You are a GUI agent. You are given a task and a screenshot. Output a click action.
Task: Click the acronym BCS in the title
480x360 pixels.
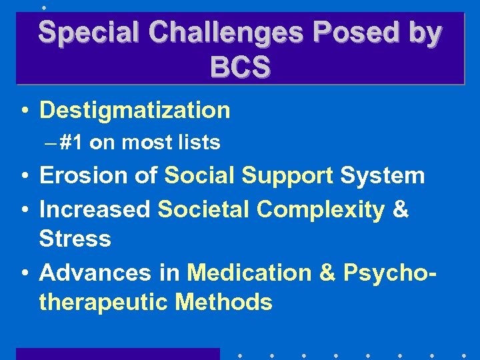click(240, 67)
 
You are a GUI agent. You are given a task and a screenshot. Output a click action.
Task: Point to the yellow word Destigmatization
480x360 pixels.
click(135, 111)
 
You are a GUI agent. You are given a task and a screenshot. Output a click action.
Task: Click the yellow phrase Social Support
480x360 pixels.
click(249, 176)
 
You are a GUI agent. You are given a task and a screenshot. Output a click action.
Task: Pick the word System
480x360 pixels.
click(382, 176)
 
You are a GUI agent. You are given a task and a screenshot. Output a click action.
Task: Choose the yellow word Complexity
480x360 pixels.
click(321, 209)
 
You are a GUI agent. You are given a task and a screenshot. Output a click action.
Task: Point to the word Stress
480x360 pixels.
click(75, 239)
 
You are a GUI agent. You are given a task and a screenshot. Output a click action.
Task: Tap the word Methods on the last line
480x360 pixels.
click(223, 303)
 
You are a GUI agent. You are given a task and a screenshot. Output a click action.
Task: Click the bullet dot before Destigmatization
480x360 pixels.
click(23, 111)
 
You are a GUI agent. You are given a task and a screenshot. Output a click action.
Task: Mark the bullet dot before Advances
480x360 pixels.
click(23, 273)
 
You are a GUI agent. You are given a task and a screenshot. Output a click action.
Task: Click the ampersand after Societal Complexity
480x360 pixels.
click(401, 209)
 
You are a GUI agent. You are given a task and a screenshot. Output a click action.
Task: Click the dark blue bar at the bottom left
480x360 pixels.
click(117, 354)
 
